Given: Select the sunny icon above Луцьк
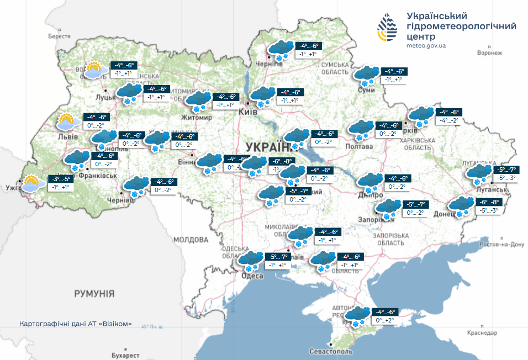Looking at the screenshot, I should [92, 71].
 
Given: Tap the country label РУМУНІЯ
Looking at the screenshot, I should [94, 293].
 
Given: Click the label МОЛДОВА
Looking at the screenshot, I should [191, 240].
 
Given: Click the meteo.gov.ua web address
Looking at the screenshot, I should [426, 46].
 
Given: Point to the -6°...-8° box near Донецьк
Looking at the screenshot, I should [488, 203].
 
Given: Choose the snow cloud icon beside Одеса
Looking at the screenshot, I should [250, 260].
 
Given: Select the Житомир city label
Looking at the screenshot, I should [197, 118].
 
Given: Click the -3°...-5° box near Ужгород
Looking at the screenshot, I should [61, 179].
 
